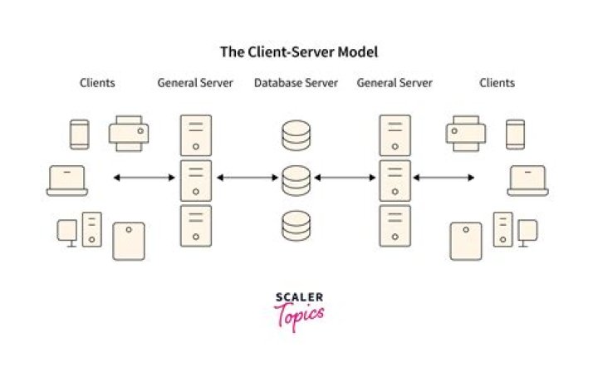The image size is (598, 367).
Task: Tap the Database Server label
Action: pos(296,83)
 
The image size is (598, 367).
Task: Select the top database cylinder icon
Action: pos(296,135)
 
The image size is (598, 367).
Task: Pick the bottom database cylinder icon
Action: pos(296,225)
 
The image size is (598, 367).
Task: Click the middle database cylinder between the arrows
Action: pos(296,180)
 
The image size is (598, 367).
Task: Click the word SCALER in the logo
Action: pos(299,296)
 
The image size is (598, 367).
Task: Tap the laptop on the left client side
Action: pos(67,181)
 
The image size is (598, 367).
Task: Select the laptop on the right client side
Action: pos(527,181)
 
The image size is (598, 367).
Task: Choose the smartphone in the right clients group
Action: pos(515,135)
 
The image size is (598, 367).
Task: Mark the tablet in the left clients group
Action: pos(129,241)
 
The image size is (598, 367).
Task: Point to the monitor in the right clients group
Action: pos(527,232)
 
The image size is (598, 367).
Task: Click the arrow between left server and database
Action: pos(247,177)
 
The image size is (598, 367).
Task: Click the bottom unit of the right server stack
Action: pos(395,226)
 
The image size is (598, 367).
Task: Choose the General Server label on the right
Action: pos(395,83)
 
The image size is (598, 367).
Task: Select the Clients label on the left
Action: pos(97,83)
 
